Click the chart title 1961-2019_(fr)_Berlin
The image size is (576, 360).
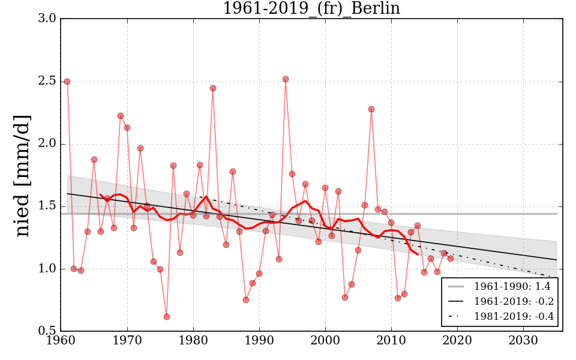(311, 8)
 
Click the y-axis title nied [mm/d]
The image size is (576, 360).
(22, 175)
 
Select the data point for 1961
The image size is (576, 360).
(67, 82)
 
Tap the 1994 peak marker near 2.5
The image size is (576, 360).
(286, 79)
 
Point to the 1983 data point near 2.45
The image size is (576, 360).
(213, 88)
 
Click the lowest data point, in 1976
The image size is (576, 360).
(167, 317)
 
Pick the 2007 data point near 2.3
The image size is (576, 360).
(371, 109)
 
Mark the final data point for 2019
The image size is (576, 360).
(451, 259)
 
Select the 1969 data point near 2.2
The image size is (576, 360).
(121, 116)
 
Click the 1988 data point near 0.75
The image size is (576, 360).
(246, 300)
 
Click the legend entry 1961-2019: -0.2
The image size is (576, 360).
(514, 301)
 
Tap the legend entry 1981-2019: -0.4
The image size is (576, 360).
(514, 316)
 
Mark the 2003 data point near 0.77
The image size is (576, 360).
(345, 298)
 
